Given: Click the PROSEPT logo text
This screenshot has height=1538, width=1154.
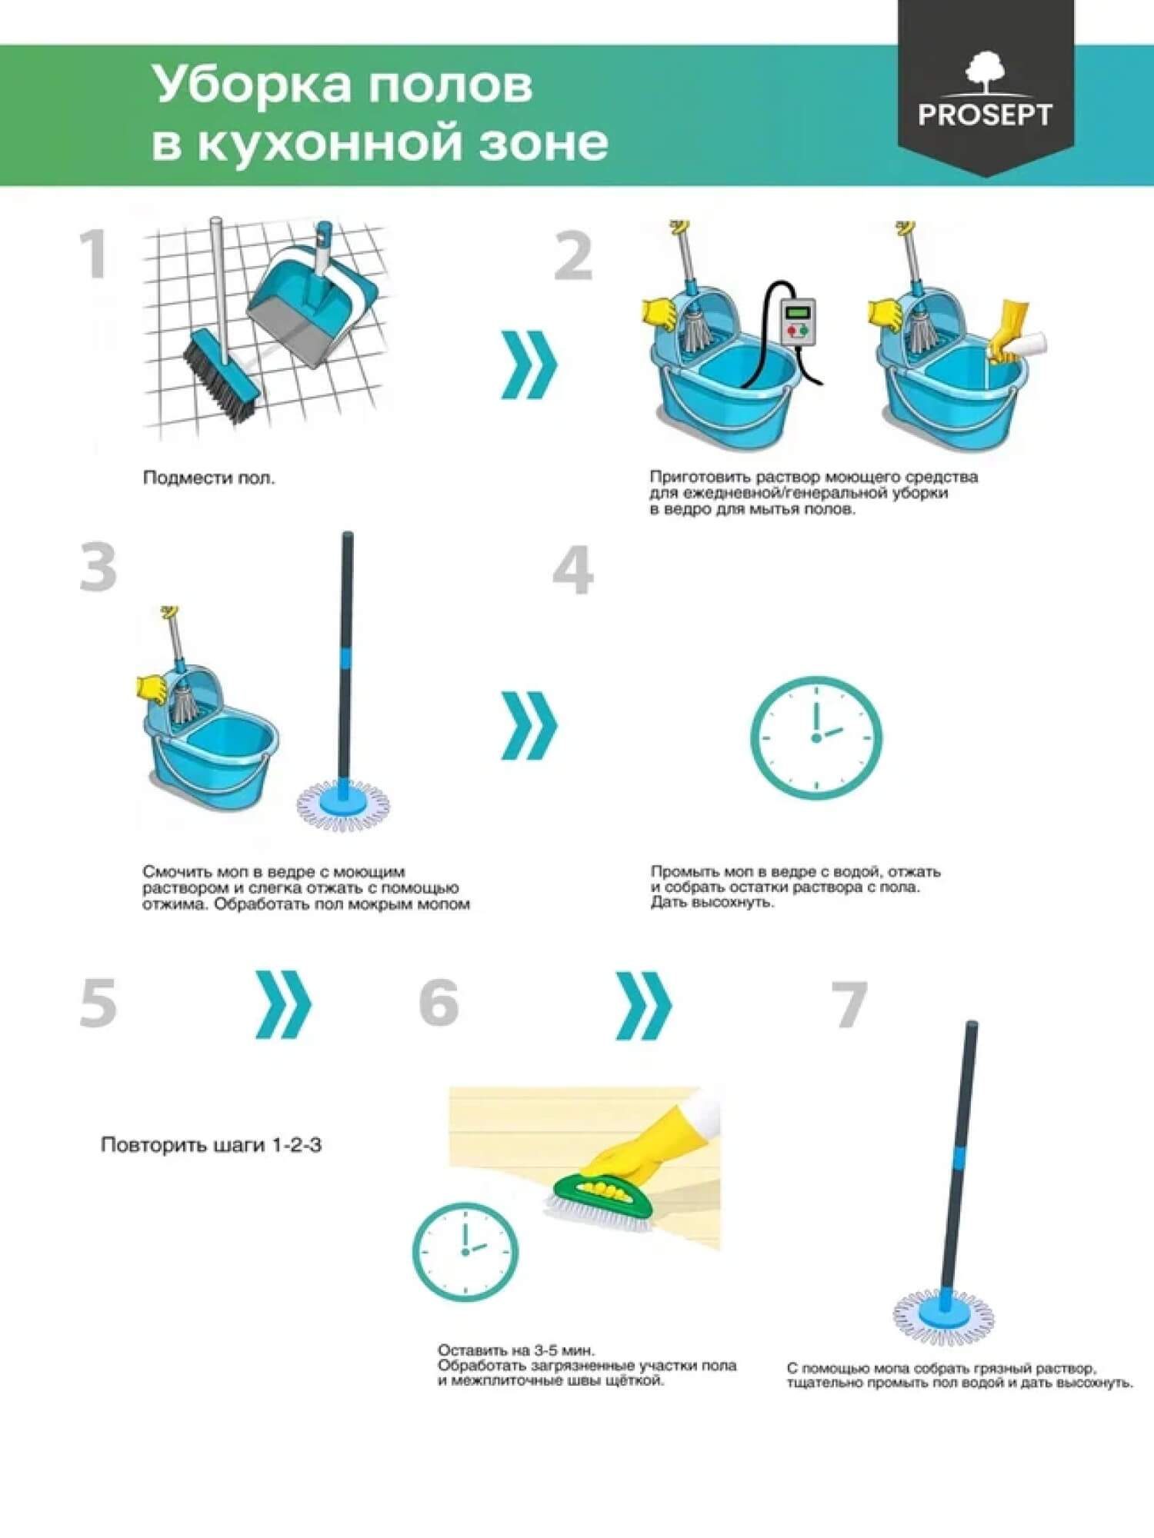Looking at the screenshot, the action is point(985,115).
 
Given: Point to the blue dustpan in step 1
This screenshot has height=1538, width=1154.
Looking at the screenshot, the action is point(312,304).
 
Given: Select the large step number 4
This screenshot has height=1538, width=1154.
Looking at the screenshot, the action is point(573,570).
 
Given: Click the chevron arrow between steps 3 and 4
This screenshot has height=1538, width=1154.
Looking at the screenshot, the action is point(529,726).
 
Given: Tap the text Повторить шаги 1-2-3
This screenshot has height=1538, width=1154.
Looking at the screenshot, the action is point(211,1145).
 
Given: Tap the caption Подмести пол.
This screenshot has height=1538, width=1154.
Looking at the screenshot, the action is point(209,478).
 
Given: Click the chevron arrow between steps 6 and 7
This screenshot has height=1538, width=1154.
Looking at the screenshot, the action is point(644,1005).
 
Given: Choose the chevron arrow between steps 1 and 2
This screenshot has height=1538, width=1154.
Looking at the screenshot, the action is point(529,365).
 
